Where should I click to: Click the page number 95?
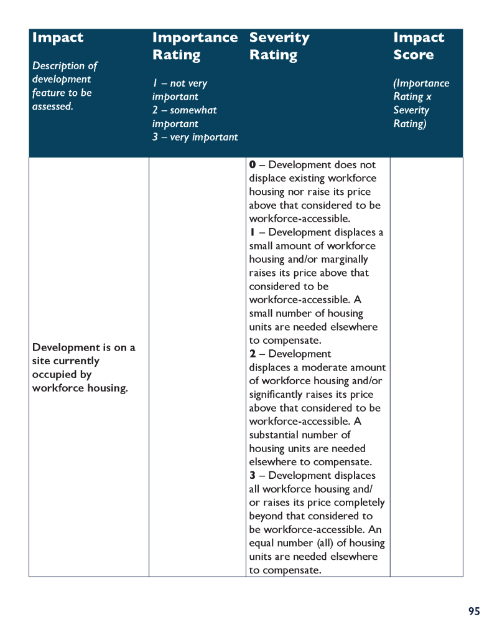click(x=474, y=611)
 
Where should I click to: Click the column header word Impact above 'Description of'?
click(x=57, y=37)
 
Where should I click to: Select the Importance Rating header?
click(x=195, y=46)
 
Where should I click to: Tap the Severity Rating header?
click(x=279, y=46)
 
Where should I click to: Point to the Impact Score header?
click(x=419, y=46)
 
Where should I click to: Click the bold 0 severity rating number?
click(x=253, y=165)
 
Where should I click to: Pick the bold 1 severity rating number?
click(x=252, y=232)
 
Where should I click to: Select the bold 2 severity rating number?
click(x=253, y=354)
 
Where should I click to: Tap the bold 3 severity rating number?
click(x=253, y=476)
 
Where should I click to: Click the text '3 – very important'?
click(x=195, y=137)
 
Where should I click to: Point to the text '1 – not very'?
click(x=180, y=83)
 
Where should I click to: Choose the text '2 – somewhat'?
click(x=185, y=110)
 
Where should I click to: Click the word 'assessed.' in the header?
click(x=53, y=106)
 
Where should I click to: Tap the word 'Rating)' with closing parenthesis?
click(x=410, y=123)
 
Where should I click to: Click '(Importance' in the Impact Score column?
click(x=421, y=83)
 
